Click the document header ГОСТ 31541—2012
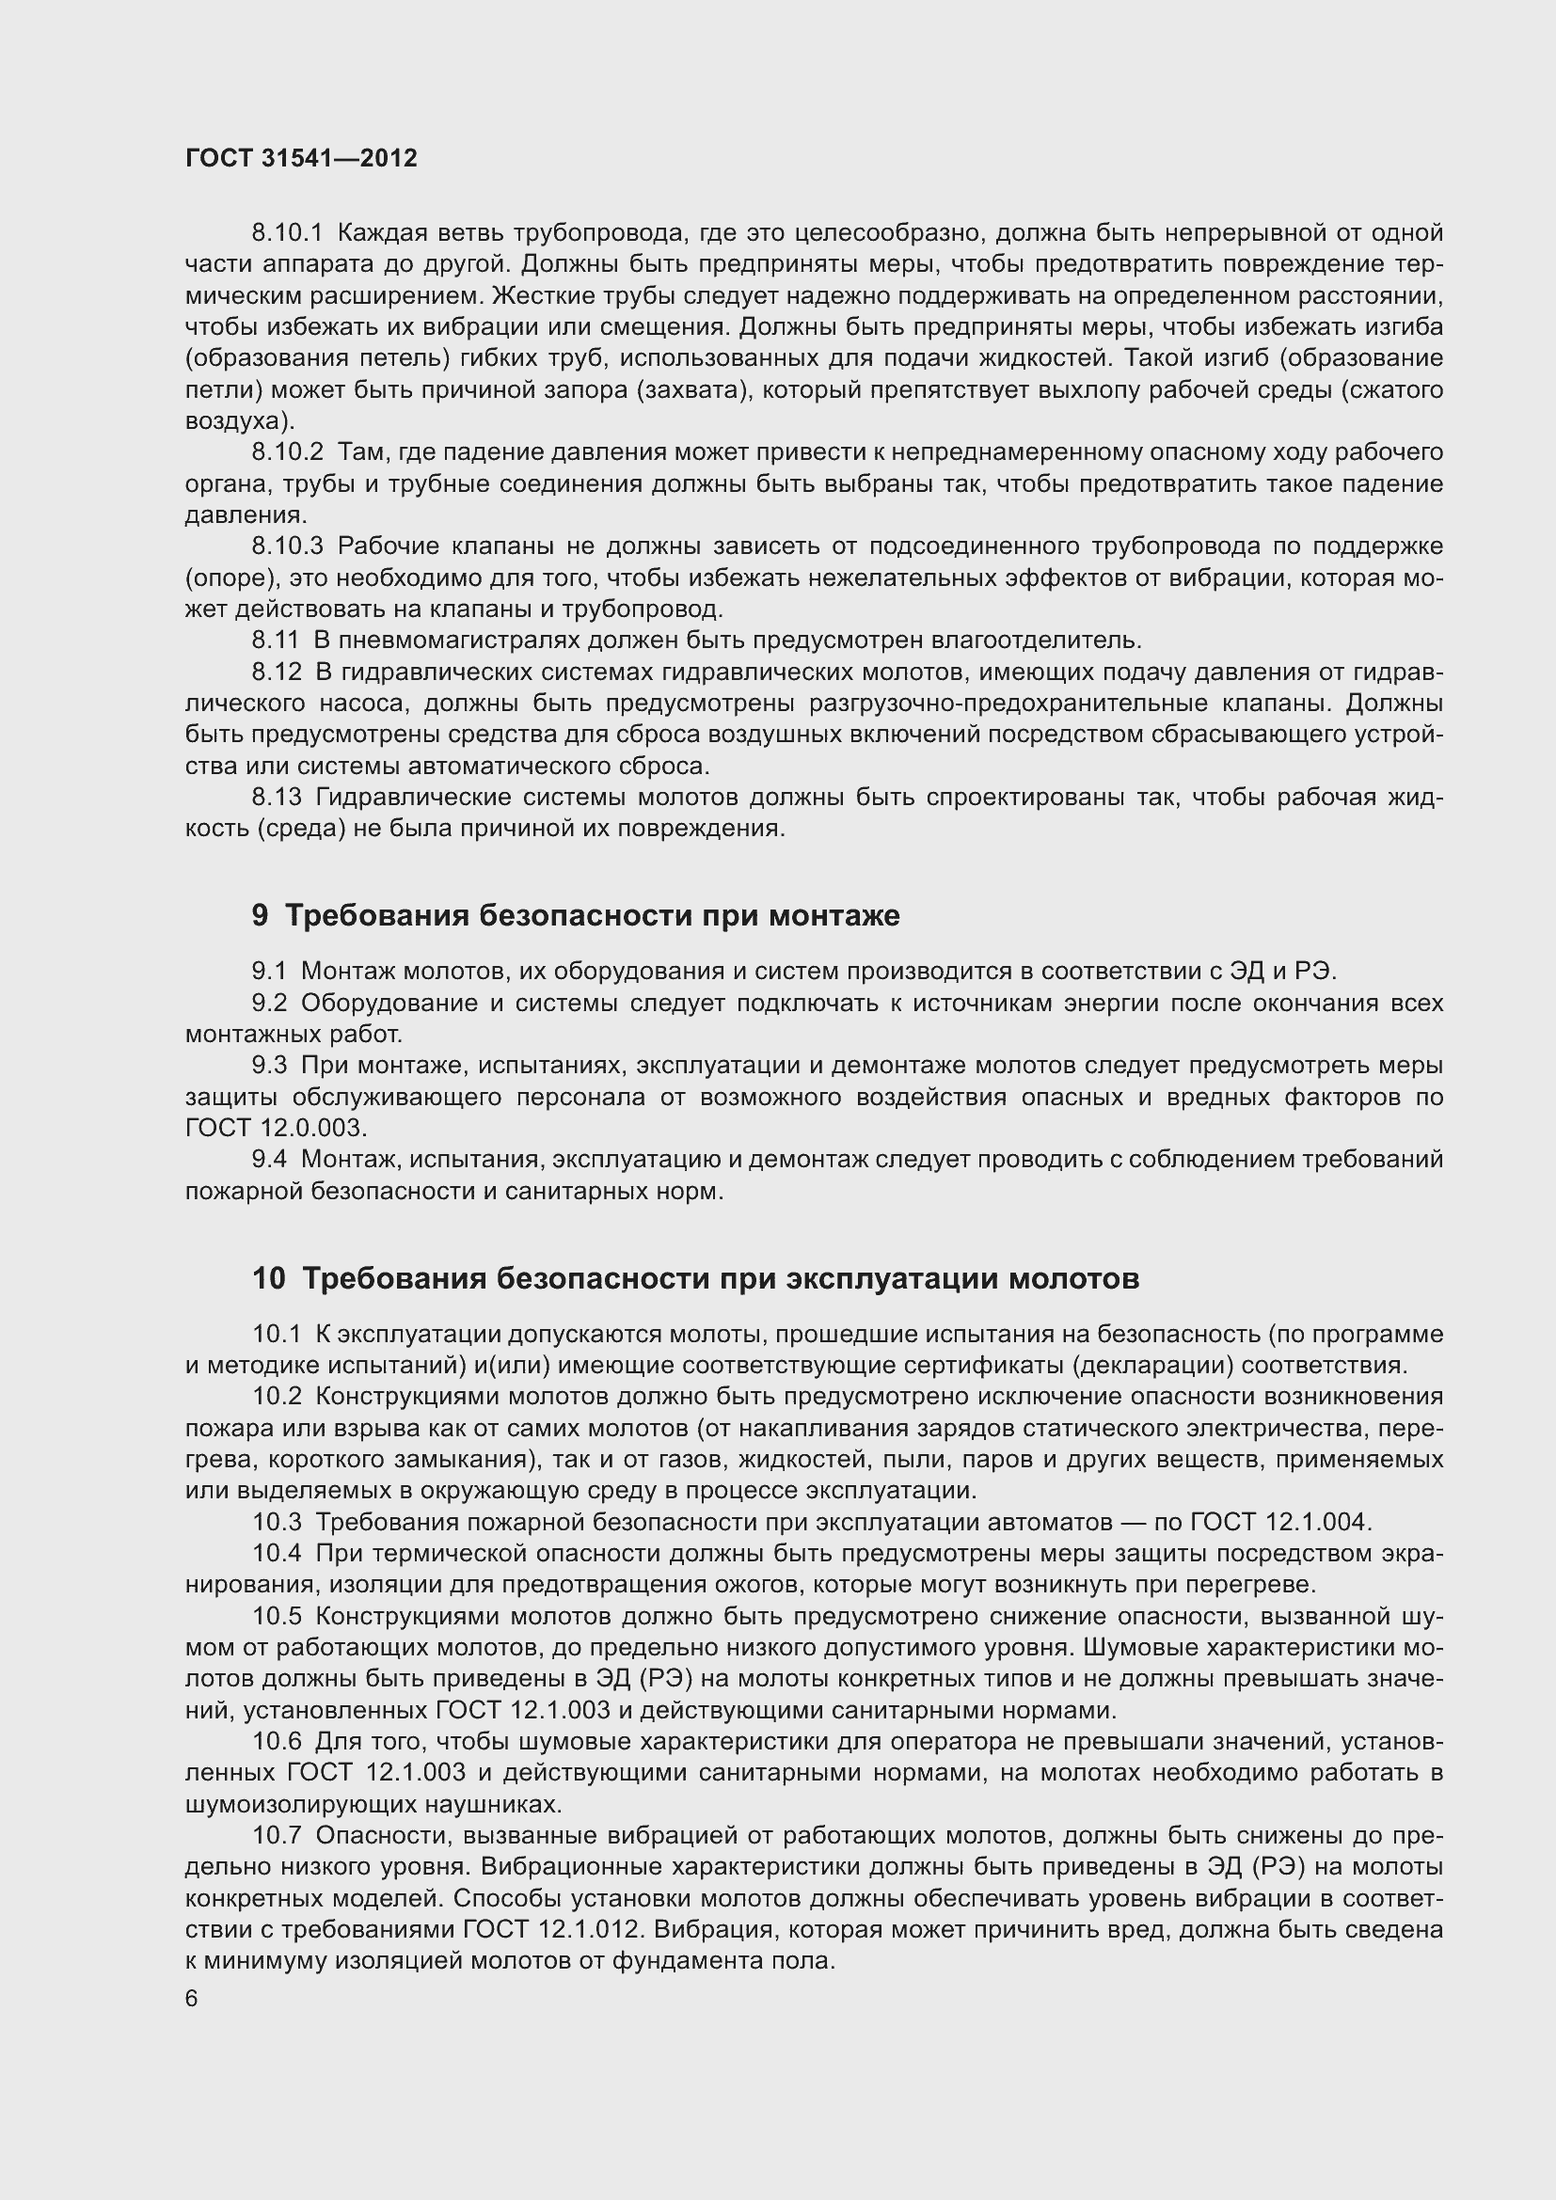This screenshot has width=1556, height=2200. pos(301,158)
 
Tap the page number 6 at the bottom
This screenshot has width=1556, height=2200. pos(192,1998)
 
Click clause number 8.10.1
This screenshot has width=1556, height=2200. pos(288,233)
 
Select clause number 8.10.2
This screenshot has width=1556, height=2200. pos(288,452)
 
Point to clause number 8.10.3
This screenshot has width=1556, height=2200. pos(288,546)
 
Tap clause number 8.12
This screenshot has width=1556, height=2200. pos(277,673)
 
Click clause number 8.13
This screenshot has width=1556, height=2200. pos(277,798)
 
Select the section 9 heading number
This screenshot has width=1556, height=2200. pos(260,916)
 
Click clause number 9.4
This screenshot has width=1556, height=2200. pos(269,1160)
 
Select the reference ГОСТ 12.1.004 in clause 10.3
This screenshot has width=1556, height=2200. pos(1280,1522)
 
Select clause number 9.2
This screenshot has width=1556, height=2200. pos(269,1004)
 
